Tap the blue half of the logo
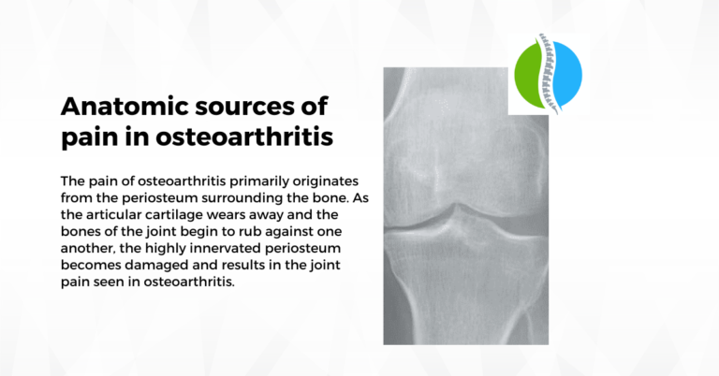point(568,75)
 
